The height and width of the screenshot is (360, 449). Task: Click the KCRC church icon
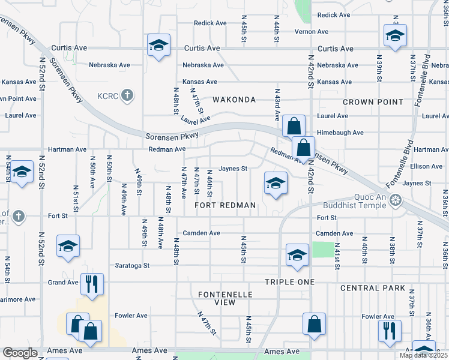point(127,95)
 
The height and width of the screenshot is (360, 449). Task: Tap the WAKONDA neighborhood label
point(233,100)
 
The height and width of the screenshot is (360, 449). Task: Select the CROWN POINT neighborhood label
point(373,102)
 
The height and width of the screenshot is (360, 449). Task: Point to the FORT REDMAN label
point(226,205)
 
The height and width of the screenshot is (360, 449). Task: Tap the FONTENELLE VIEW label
point(225,298)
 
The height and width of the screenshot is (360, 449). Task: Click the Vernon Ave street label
point(311,32)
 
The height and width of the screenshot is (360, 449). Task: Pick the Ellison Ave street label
point(426,166)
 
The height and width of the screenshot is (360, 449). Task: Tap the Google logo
point(20,353)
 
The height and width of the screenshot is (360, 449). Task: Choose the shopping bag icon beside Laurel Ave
point(294,126)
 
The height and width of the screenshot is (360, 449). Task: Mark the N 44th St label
point(277,29)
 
